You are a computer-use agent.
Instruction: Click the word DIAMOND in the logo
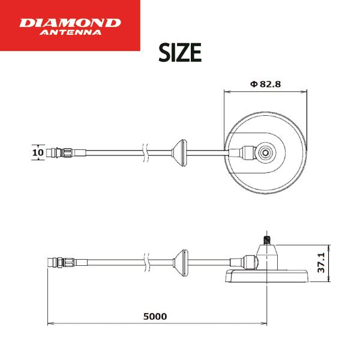(x=70, y=23)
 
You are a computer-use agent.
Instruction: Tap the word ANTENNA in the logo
(x=70, y=32)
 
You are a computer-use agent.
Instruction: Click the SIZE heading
(x=180, y=53)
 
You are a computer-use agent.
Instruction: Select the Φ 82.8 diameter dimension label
(x=265, y=84)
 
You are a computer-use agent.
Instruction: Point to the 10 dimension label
(x=38, y=152)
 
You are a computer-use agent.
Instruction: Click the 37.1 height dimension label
(x=321, y=263)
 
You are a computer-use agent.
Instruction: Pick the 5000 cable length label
(x=155, y=316)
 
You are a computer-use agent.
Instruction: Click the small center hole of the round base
(x=266, y=152)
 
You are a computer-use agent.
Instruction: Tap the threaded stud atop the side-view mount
(x=266, y=240)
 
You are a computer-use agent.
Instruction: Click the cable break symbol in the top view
(x=145, y=153)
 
